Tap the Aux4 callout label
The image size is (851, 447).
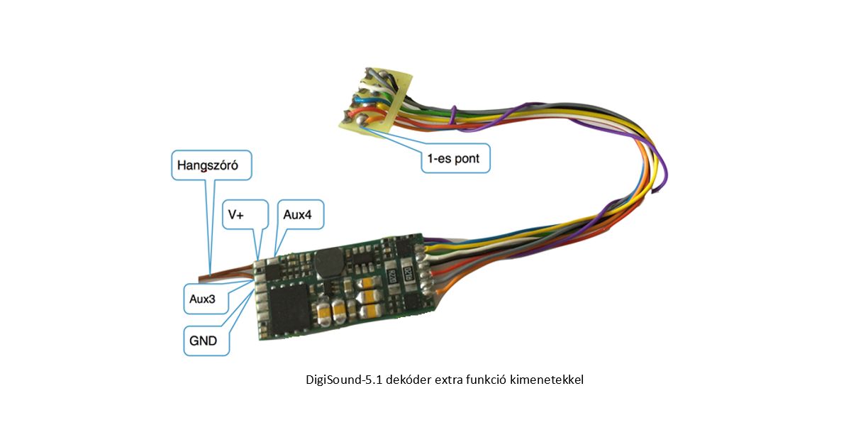[x=299, y=214]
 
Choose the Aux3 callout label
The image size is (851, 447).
[x=203, y=299]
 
